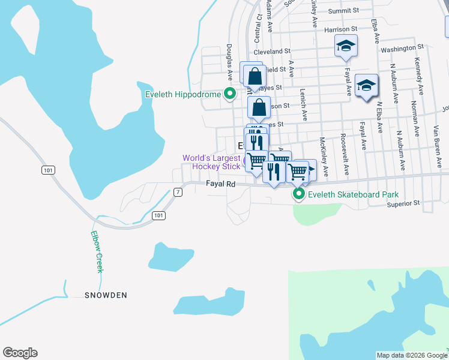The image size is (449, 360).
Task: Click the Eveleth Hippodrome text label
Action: click(184, 94)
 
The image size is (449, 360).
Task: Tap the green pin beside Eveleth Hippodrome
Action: click(229, 94)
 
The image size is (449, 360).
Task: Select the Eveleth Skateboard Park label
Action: click(353, 194)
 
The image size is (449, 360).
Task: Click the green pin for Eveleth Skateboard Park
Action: click(298, 194)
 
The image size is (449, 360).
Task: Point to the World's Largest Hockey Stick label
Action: click(212, 162)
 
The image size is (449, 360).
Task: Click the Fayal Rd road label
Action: click(220, 184)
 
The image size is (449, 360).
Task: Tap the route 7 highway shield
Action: click(178, 192)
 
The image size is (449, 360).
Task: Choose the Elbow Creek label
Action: click(97, 252)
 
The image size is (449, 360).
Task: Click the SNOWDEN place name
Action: click(106, 295)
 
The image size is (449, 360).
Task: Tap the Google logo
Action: click(20, 353)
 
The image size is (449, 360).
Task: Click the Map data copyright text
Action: click(412, 355)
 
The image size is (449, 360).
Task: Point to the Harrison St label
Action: click(341, 29)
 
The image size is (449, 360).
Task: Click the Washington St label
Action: click(402, 47)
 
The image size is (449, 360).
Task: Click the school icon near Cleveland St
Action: click(346, 47)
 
